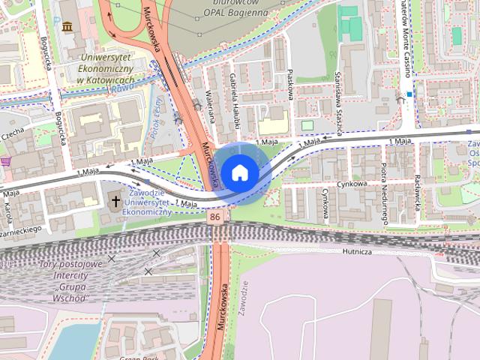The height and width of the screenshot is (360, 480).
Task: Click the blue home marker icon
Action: (x=239, y=172)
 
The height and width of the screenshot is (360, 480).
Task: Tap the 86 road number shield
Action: (x=216, y=217)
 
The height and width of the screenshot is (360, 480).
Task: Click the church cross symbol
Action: (x=115, y=200)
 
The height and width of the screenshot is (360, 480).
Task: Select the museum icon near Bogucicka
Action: (x=67, y=28)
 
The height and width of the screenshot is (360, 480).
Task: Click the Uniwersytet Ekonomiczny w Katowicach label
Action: (x=106, y=68)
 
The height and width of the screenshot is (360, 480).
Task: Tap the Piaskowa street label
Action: (x=290, y=78)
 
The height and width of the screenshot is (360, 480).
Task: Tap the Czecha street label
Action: (x=13, y=133)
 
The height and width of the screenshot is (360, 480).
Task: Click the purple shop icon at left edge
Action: (x=5, y=161)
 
